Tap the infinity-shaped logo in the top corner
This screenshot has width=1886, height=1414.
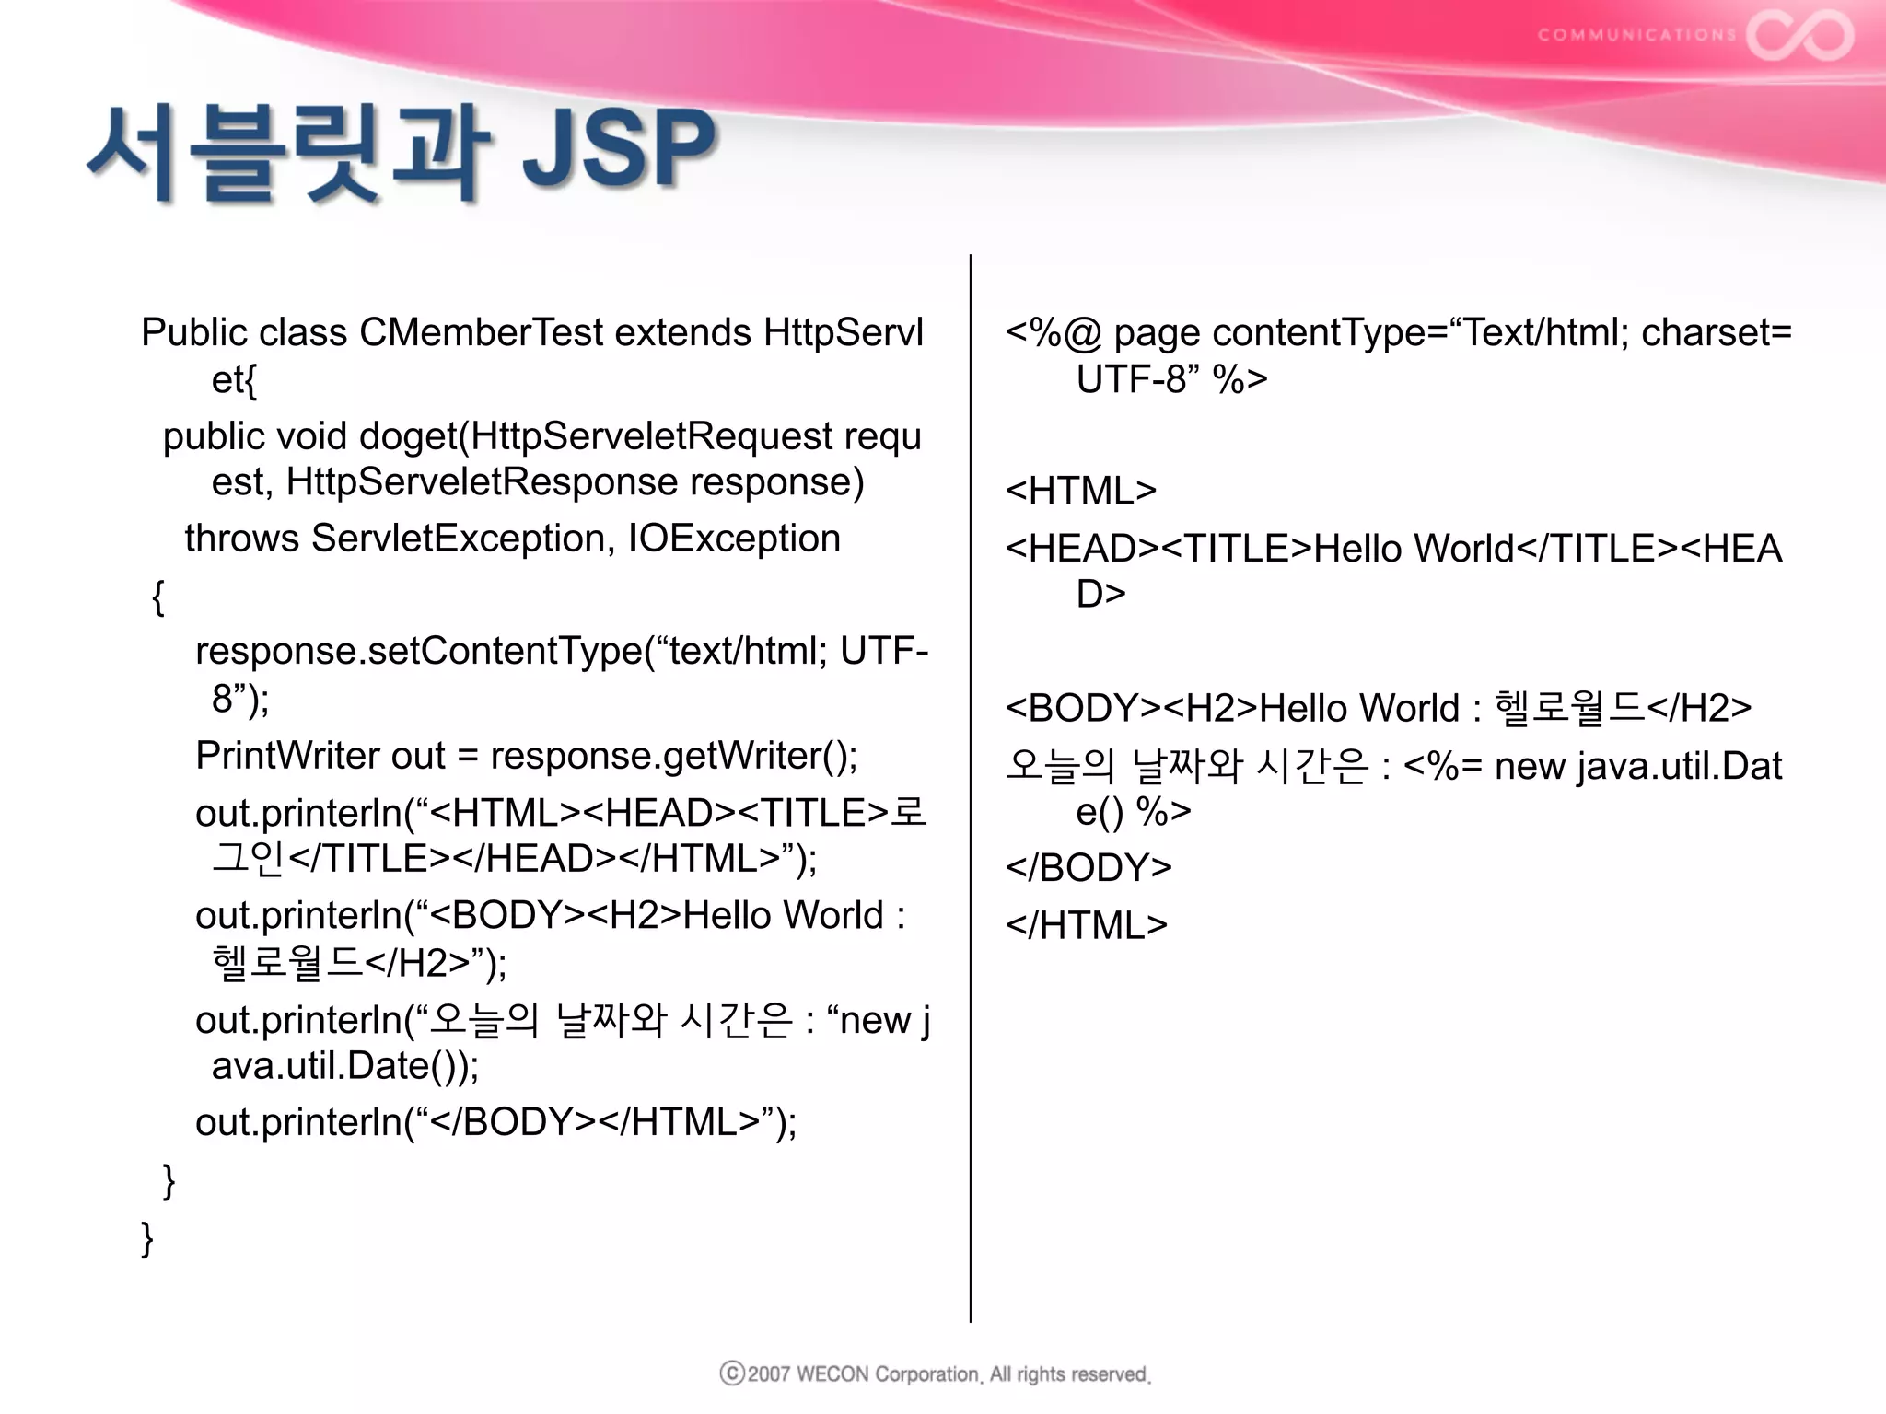click(x=1799, y=35)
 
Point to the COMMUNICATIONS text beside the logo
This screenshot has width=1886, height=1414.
click(x=1636, y=35)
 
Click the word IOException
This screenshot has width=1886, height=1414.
click(x=734, y=539)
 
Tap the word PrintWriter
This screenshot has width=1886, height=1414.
click(x=287, y=756)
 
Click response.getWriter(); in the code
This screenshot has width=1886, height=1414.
click(x=673, y=756)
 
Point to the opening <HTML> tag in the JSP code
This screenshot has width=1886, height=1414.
click(x=1080, y=491)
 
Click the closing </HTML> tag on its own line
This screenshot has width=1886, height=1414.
click(x=1087, y=925)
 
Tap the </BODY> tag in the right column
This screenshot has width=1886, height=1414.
click(x=1089, y=867)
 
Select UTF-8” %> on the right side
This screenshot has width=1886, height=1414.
click(x=1171, y=379)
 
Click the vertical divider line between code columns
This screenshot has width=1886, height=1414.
click(x=971, y=782)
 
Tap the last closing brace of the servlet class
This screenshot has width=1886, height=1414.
click(x=147, y=1238)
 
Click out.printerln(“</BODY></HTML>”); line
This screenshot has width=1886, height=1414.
click(x=495, y=1122)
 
